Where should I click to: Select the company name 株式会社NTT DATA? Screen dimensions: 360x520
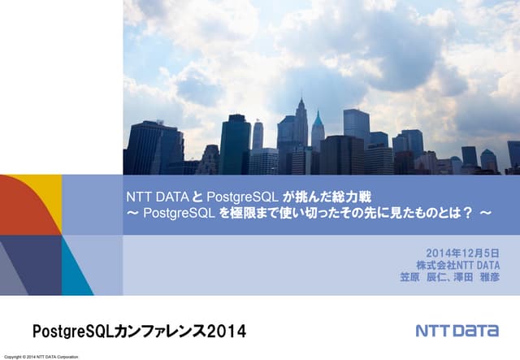point(457,265)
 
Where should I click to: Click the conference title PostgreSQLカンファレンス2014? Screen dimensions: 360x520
point(138,332)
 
